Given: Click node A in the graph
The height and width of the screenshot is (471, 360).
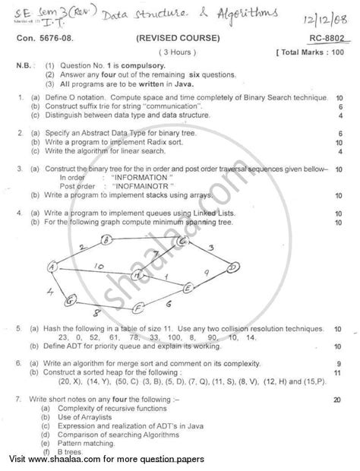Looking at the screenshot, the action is coord(53,267).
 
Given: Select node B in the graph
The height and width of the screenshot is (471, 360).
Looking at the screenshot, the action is coord(107,239).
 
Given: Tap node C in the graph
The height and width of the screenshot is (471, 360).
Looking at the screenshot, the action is coord(182,241).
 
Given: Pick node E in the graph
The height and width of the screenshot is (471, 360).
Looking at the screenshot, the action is coord(187,287).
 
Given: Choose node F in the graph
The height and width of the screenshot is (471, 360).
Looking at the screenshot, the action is coord(139,307).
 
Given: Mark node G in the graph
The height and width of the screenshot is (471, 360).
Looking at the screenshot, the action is coord(69,302).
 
